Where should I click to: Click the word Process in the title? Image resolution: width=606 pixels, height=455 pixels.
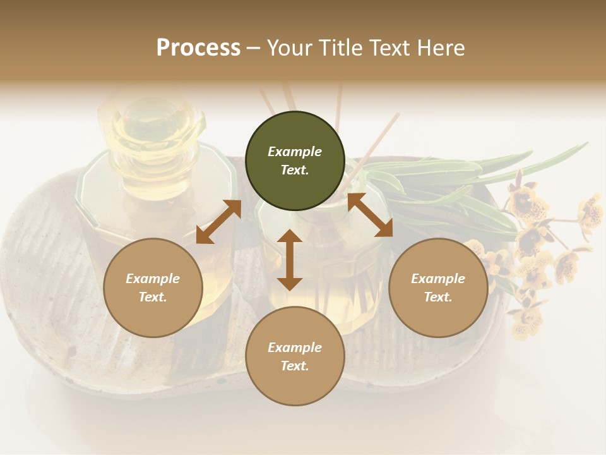pyautogui.click(x=198, y=48)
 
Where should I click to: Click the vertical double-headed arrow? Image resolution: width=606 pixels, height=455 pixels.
pyautogui.click(x=290, y=260)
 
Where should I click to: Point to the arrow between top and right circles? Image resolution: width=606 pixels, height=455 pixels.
pyautogui.click(x=370, y=215)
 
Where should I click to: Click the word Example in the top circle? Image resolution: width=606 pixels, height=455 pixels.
pyautogui.click(x=295, y=152)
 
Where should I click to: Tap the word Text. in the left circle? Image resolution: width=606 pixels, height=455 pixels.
pyautogui.click(x=153, y=297)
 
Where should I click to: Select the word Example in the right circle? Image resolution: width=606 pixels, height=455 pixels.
pyautogui.click(x=438, y=279)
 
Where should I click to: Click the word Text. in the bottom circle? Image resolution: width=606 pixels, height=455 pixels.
pyautogui.click(x=295, y=366)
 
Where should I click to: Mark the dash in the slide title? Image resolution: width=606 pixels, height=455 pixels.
pyautogui.click(x=254, y=48)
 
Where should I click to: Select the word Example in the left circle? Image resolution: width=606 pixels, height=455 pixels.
pyautogui.click(x=153, y=279)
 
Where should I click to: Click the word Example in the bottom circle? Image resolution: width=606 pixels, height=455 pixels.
pyautogui.click(x=295, y=348)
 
